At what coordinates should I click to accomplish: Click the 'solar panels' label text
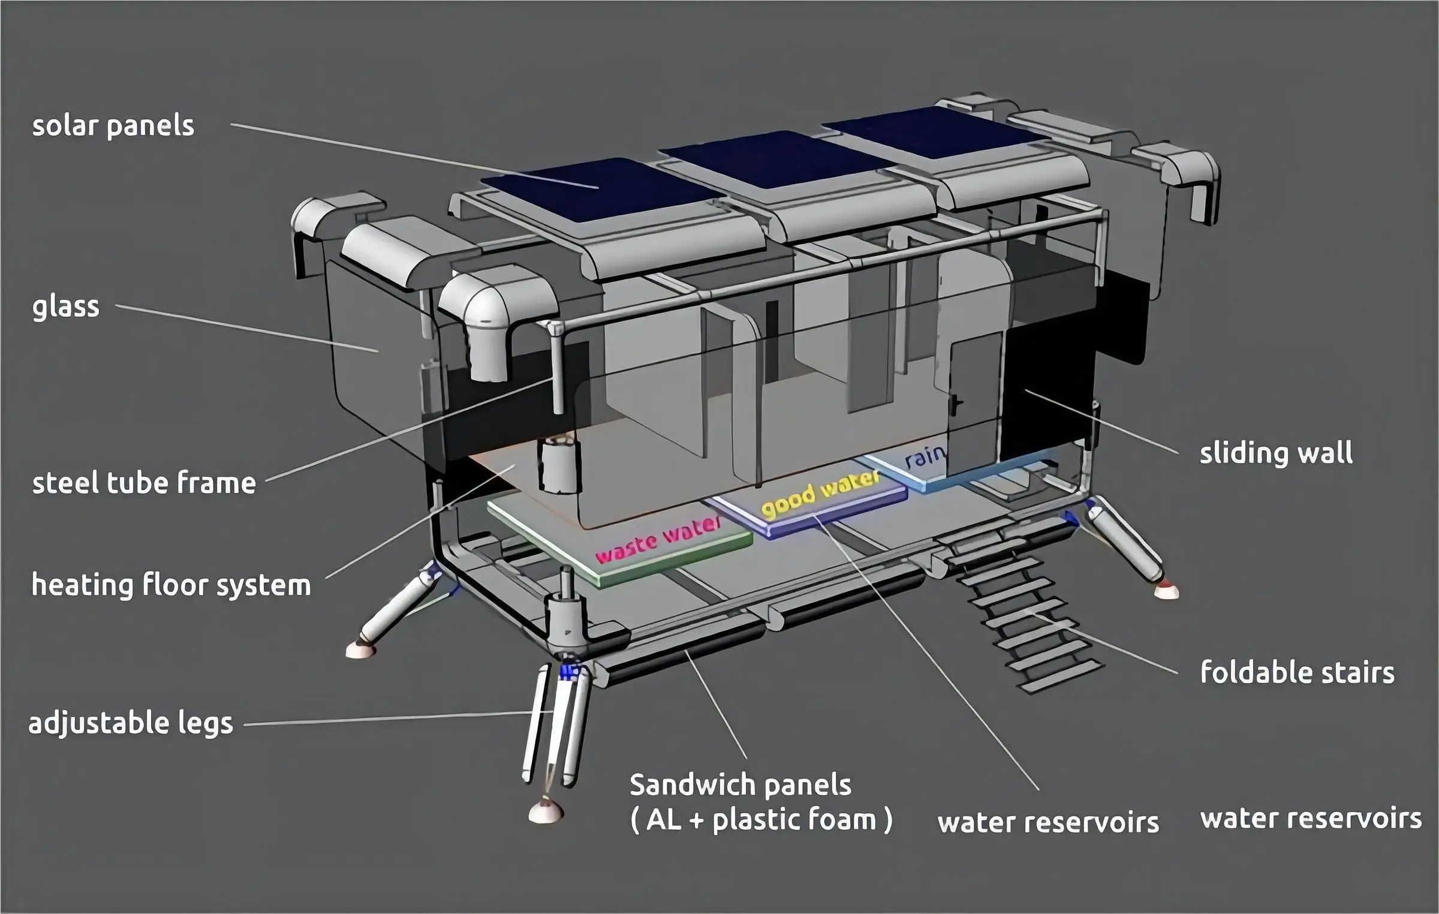click(x=113, y=127)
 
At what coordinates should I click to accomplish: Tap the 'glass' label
click(x=66, y=307)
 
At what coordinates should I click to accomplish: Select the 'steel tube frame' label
click(x=144, y=483)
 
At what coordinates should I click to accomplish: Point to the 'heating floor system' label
click(x=171, y=585)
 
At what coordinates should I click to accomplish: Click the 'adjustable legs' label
click(x=131, y=723)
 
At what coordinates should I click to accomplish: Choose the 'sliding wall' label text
click(x=1276, y=453)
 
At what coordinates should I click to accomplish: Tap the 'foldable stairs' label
click(x=1297, y=672)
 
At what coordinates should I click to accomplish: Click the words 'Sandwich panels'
click(x=740, y=784)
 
